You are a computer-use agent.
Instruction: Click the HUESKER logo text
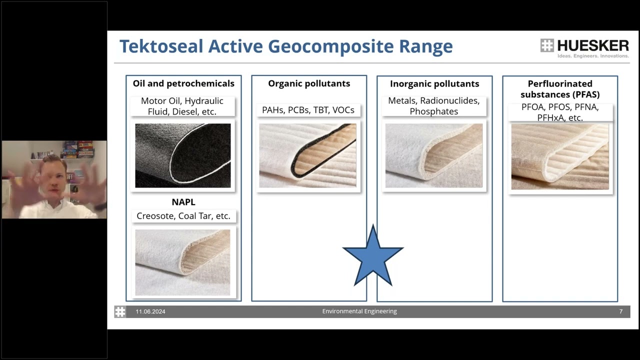tap(592, 45)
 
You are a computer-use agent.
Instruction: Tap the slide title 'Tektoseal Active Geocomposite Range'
tap(285, 46)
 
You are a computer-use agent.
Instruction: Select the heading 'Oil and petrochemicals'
tap(183, 83)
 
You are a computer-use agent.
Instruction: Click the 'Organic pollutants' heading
tap(309, 83)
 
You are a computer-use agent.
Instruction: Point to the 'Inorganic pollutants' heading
tap(434, 84)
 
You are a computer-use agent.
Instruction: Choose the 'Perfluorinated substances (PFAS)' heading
tap(560, 89)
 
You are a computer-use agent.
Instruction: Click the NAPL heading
tap(183, 202)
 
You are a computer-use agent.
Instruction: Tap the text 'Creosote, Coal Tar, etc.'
tap(183, 216)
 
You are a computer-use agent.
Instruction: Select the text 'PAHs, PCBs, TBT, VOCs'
tap(308, 110)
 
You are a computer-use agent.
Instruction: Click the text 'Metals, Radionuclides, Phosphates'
tap(434, 106)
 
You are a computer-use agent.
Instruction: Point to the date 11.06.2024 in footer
tap(150, 311)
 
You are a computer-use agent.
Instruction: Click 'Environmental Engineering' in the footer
tap(359, 311)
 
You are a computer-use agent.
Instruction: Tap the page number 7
tap(621, 311)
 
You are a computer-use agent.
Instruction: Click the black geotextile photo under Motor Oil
tap(183, 155)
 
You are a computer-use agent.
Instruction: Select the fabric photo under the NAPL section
tap(183, 262)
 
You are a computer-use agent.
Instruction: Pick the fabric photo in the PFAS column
tap(560, 156)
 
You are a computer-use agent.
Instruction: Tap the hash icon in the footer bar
tap(120, 311)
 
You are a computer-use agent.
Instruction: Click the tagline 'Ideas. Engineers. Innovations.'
tap(593, 56)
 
